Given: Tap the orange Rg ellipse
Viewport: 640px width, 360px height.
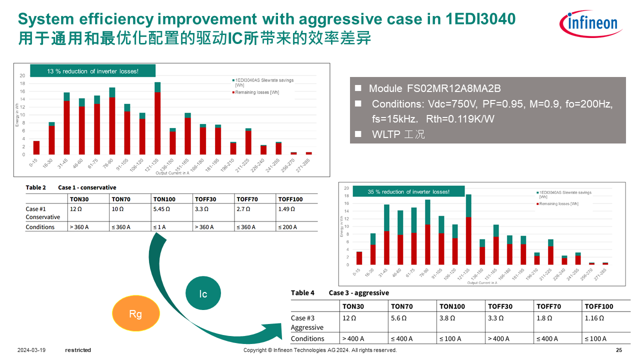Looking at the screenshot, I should [x=135, y=314].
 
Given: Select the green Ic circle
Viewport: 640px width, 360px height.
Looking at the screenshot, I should [x=203, y=294].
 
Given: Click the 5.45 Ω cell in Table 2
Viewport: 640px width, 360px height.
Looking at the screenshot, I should [x=161, y=209].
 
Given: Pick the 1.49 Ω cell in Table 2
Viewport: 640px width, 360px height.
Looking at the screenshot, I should [x=286, y=209].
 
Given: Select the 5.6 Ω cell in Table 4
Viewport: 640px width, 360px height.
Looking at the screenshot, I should [x=398, y=318].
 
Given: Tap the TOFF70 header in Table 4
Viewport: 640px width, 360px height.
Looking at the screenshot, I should [x=548, y=306].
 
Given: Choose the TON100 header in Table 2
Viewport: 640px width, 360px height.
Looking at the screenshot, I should [x=164, y=199].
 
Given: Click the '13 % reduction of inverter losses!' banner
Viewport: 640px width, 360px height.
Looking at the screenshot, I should [x=93, y=71].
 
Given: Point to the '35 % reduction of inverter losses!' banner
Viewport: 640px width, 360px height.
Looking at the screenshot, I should [x=408, y=192].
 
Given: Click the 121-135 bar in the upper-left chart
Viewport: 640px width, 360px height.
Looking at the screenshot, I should [x=157, y=118].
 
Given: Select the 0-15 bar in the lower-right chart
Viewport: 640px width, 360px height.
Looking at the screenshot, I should [x=359, y=258].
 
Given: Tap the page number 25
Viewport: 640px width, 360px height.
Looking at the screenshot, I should [x=619, y=350].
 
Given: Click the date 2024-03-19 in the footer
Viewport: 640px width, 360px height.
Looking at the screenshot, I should [x=31, y=350].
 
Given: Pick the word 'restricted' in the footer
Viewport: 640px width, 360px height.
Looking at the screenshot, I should [x=78, y=350].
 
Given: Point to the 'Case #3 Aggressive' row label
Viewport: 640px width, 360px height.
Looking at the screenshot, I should [x=307, y=322].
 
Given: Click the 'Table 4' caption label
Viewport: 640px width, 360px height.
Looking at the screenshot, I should [x=302, y=293].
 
